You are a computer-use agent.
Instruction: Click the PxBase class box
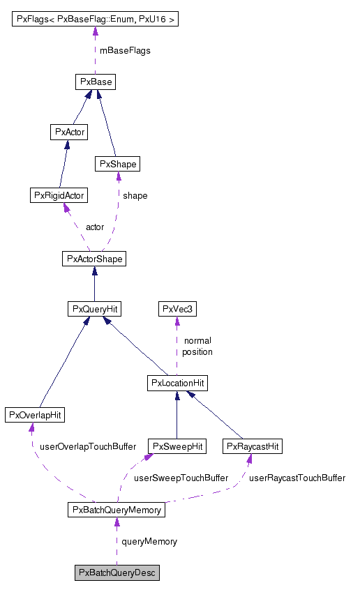click(x=96, y=82)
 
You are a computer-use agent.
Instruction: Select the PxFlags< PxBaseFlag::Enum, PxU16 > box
click(x=95, y=19)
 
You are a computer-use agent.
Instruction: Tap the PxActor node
click(x=69, y=132)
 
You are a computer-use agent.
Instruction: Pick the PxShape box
click(x=117, y=164)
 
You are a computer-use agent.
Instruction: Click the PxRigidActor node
click(x=59, y=195)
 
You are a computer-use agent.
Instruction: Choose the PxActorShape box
click(x=94, y=259)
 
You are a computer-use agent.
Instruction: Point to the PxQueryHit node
click(x=95, y=309)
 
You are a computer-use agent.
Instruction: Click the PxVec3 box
click(x=177, y=309)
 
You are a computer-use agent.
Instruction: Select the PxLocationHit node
click(x=177, y=384)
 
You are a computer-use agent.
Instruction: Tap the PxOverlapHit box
click(x=35, y=415)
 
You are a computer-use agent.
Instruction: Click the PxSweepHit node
click(x=177, y=446)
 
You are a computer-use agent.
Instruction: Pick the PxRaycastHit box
click(x=253, y=446)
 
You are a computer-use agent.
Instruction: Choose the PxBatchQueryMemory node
click(x=117, y=510)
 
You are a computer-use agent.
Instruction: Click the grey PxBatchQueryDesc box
click(x=117, y=572)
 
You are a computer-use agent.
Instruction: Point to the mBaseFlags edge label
click(x=125, y=51)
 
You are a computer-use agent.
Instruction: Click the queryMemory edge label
click(x=149, y=542)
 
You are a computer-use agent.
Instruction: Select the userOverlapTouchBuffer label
click(x=88, y=447)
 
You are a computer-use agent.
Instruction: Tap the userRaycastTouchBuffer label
click(x=297, y=478)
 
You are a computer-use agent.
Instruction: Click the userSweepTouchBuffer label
click(x=181, y=478)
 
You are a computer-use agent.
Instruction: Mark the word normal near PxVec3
click(x=197, y=340)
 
